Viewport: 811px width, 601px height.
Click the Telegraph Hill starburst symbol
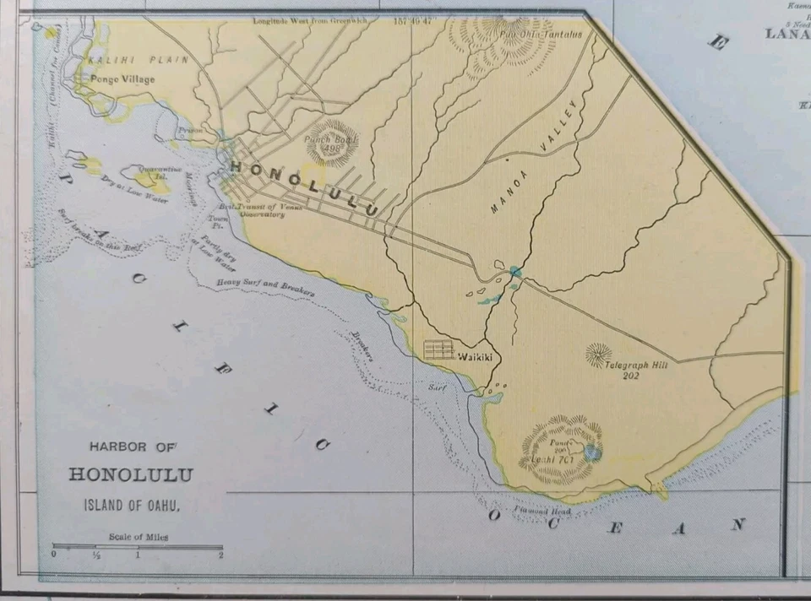(599, 355)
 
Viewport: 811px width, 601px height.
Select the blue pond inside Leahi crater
(592, 453)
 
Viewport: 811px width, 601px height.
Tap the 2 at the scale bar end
(220, 555)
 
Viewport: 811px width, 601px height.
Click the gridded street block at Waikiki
(438, 349)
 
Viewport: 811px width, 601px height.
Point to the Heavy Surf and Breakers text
(265, 286)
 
